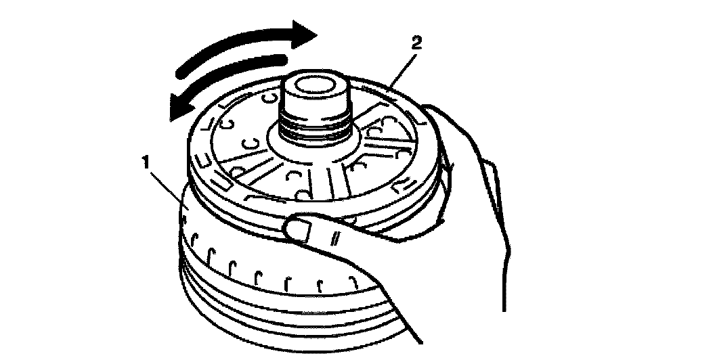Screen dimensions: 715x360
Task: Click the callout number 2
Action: pyautogui.click(x=416, y=44)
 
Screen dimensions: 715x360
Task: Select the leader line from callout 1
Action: pyautogui.click(x=167, y=189)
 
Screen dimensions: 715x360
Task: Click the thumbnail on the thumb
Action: pyautogui.click(x=299, y=229)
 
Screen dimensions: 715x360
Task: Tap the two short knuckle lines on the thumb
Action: pyautogui.click(x=337, y=239)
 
